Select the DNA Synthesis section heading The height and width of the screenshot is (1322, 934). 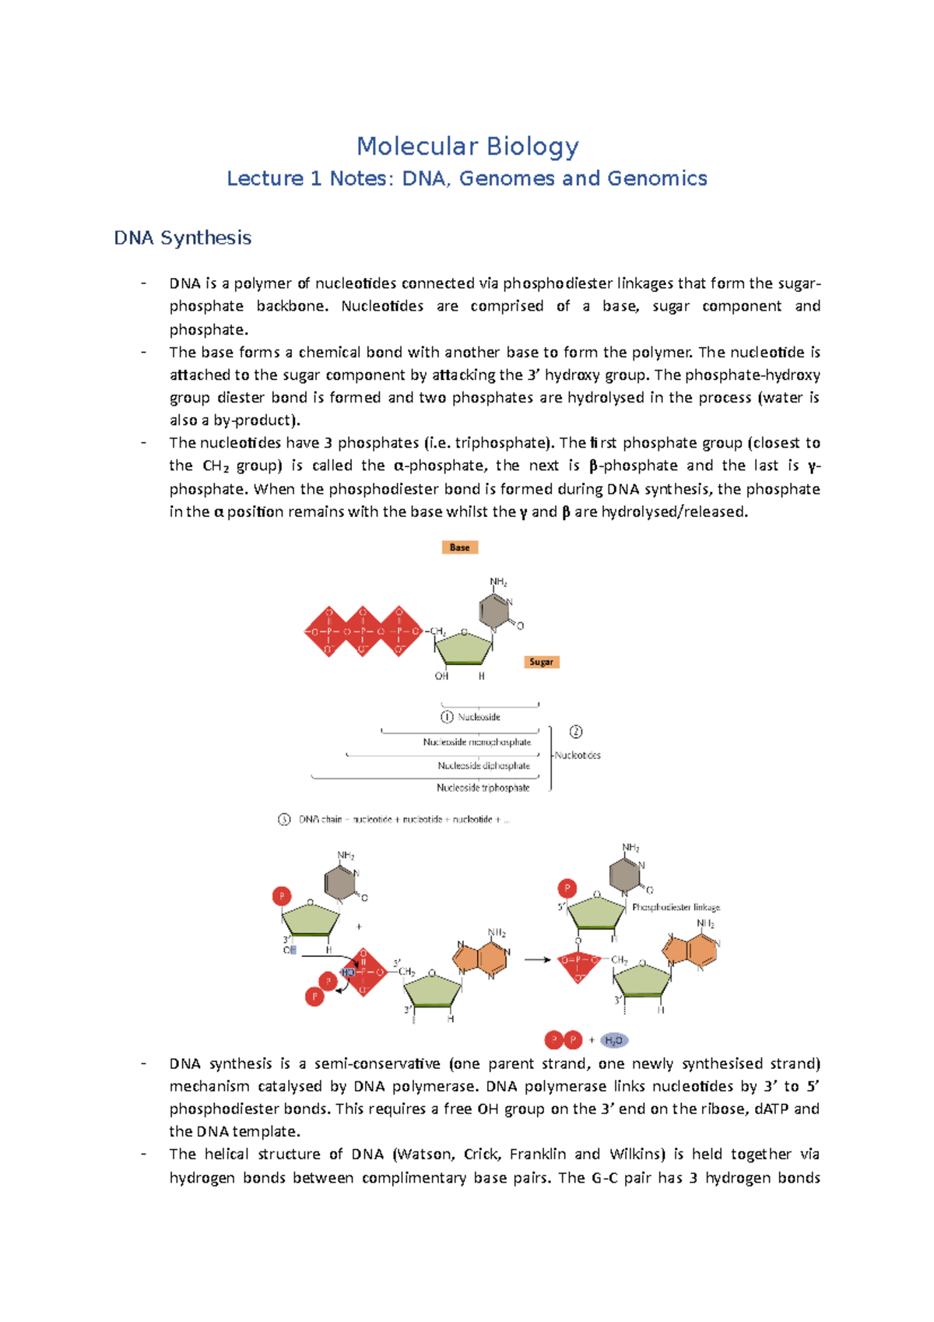coord(182,237)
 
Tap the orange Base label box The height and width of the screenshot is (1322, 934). coord(459,547)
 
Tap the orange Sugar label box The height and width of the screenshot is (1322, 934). coord(541,662)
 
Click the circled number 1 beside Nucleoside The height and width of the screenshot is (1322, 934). coord(447,717)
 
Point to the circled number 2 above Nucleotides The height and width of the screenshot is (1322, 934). coord(576,732)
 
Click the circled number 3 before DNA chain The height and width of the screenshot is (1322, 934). coord(284,819)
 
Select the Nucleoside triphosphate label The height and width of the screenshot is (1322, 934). coord(483,788)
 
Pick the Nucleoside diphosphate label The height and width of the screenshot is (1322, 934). coord(483,765)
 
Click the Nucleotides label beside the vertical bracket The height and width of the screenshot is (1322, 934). coord(578,755)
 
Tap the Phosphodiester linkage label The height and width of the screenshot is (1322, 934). coord(676,907)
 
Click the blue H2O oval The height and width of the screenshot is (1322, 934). coord(614,1040)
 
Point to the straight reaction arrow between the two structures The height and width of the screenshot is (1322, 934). coord(537,960)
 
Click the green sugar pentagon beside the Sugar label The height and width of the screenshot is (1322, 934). coord(465,647)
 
